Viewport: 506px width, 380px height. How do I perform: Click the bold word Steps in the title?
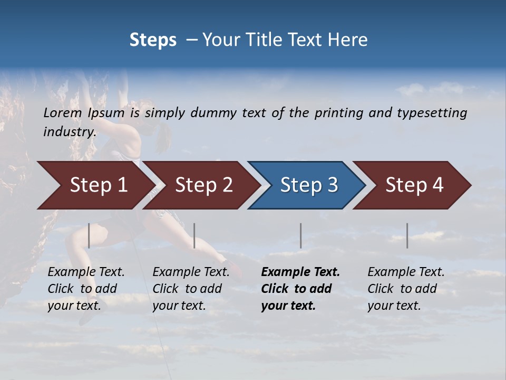click(153, 40)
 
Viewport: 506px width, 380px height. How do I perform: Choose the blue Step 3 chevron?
click(309, 185)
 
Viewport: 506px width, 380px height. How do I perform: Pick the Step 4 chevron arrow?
click(414, 185)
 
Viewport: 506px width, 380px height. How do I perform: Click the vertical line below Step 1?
click(89, 235)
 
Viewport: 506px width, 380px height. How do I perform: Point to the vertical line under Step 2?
click(194, 235)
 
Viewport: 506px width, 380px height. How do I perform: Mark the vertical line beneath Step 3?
click(300, 235)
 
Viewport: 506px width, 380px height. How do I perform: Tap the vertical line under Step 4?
click(407, 235)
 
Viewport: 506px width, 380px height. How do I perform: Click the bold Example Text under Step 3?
click(300, 272)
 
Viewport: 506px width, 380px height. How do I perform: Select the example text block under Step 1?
click(86, 289)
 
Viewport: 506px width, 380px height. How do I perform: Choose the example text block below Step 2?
click(191, 289)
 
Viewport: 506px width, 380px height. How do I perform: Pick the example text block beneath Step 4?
click(406, 289)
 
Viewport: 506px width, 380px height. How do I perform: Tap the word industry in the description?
click(69, 132)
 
